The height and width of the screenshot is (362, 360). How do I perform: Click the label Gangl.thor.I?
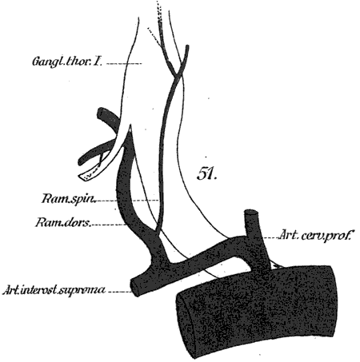click(x=67, y=62)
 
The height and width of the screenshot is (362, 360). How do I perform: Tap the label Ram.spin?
click(x=68, y=199)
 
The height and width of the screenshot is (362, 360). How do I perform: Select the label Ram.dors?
click(x=63, y=222)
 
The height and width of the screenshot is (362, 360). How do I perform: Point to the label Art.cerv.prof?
click(x=315, y=235)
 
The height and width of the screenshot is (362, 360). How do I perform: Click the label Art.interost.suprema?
click(x=54, y=290)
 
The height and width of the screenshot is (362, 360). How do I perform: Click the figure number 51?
click(x=206, y=174)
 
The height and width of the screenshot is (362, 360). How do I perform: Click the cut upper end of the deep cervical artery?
click(x=251, y=213)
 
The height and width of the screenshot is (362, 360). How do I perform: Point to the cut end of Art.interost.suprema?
click(x=135, y=288)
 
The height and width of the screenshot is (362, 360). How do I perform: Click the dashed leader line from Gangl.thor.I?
click(x=124, y=64)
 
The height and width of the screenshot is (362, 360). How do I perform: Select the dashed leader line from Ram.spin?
click(x=128, y=201)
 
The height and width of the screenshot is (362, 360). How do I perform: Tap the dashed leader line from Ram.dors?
click(x=109, y=225)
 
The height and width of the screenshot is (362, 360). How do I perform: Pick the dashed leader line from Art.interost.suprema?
click(x=121, y=292)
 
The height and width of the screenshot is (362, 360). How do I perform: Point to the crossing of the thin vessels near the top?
click(x=176, y=74)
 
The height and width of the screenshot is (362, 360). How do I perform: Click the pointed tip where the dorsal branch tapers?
click(x=130, y=125)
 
